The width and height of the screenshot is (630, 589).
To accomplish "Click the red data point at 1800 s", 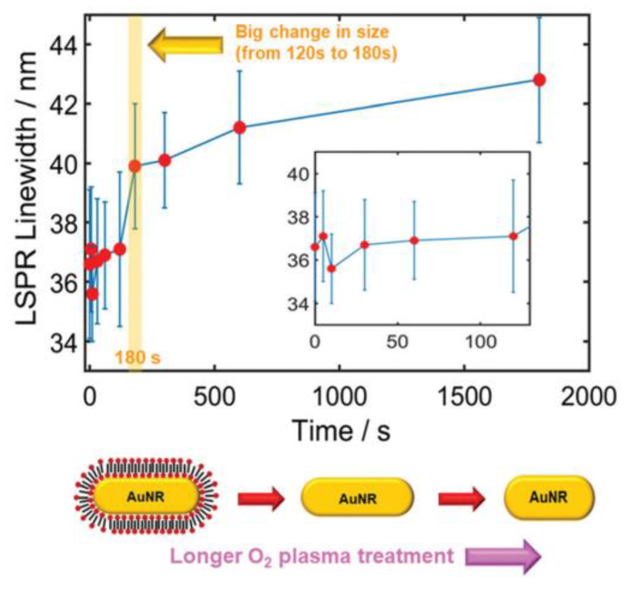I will (539, 80).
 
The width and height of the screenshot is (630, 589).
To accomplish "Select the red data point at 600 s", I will (240, 128).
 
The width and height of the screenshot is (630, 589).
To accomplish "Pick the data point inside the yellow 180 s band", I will (135, 166).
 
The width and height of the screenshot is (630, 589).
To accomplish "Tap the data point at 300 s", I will (164, 160).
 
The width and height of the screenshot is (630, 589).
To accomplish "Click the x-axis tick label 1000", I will (339, 397).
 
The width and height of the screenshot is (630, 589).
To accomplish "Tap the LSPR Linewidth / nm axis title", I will (27, 188).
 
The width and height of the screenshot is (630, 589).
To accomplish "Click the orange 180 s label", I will (137, 357).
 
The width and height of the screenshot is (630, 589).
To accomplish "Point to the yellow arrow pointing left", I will (185, 45).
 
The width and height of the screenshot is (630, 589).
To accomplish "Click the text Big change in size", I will (312, 32).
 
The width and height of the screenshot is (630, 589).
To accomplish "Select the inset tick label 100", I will (480, 342).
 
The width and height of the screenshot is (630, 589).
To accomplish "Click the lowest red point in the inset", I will (331, 268).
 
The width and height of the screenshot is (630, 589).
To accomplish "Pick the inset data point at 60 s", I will (414, 240).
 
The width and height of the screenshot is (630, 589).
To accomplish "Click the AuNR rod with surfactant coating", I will (146, 497).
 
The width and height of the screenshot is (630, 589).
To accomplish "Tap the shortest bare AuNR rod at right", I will (549, 497).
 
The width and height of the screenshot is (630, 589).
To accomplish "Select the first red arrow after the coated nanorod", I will (260, 499).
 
